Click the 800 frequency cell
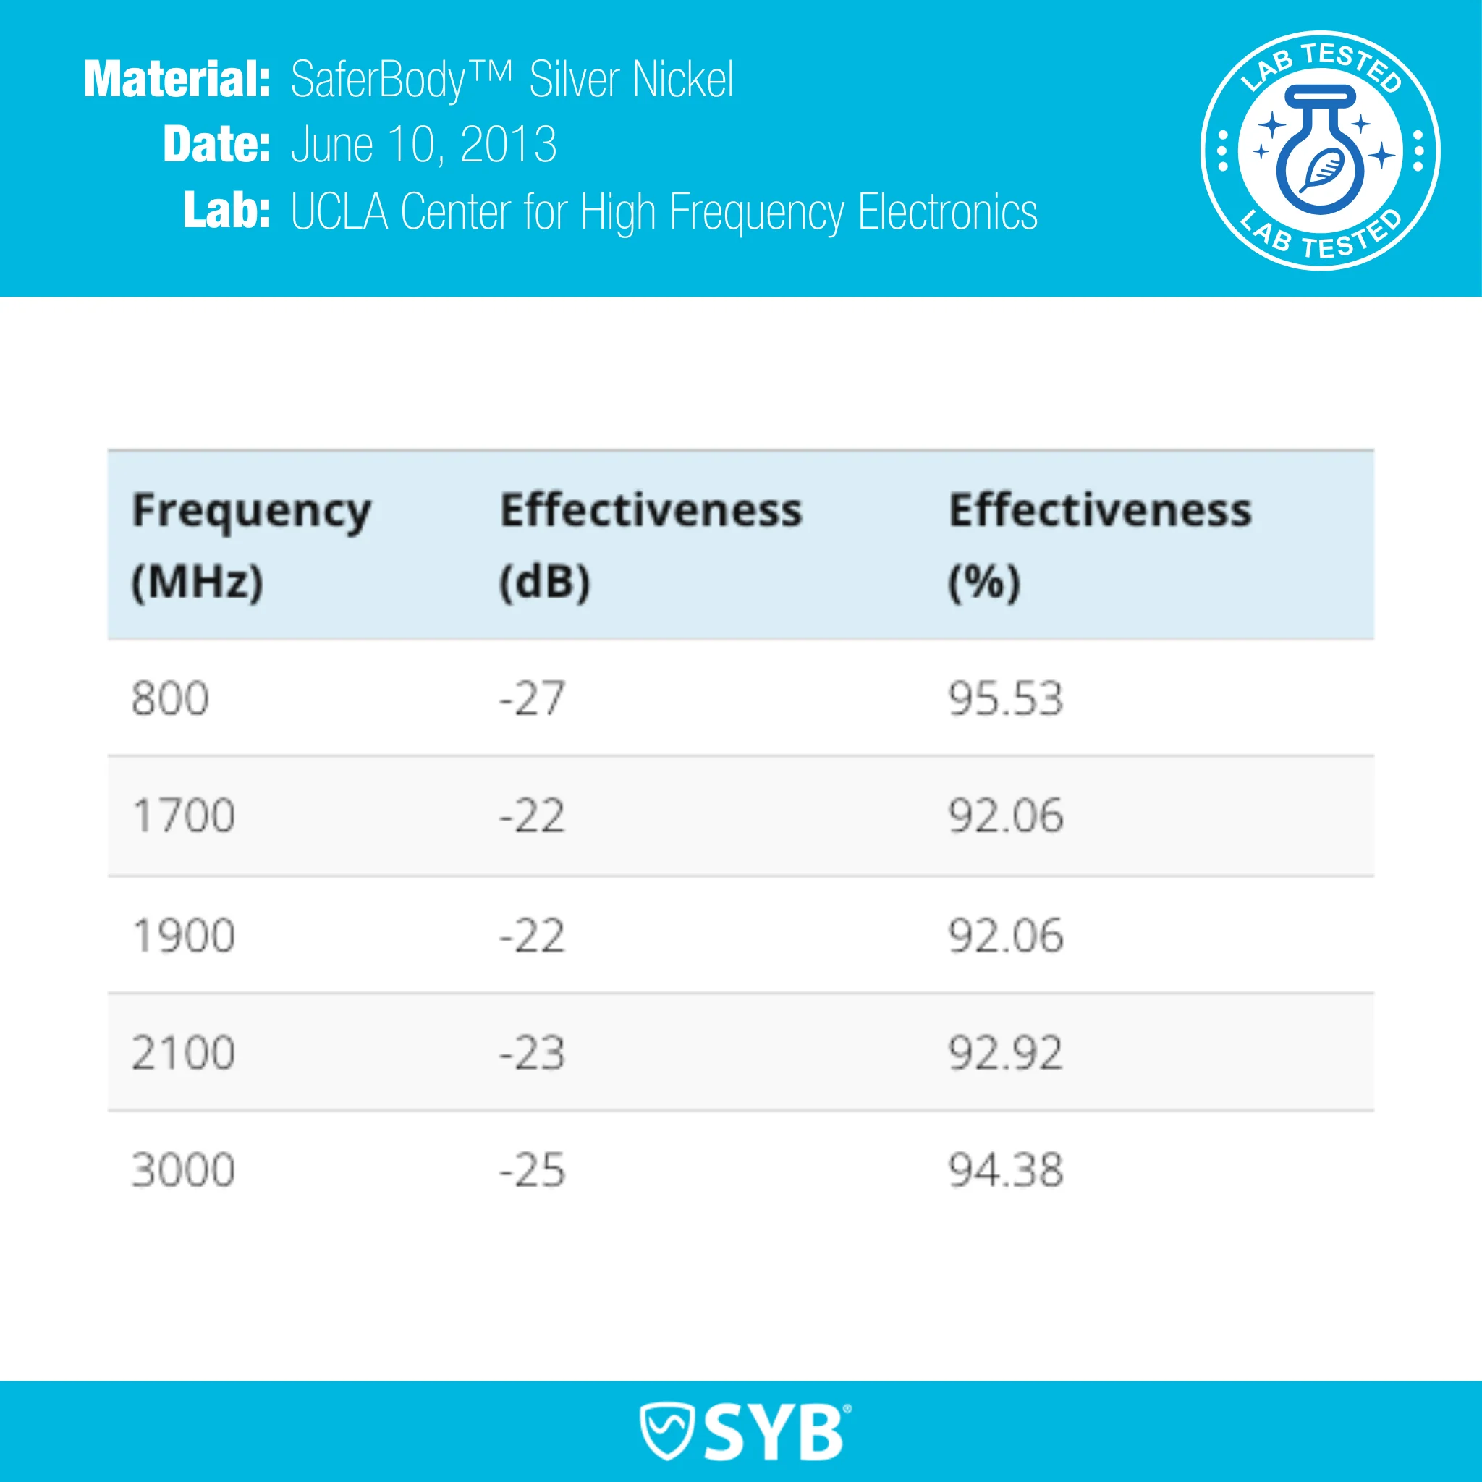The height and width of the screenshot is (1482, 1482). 170,699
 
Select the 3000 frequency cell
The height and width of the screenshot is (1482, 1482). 183,1171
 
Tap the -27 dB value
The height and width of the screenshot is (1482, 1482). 532,699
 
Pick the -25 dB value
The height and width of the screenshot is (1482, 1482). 532,1171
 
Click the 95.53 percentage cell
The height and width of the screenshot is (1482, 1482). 1006,699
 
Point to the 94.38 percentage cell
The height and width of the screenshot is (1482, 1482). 1006,1171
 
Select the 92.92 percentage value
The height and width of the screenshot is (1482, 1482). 1006,1052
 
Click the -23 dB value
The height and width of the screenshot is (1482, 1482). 532,1052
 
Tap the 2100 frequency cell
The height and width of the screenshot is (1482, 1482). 183,1052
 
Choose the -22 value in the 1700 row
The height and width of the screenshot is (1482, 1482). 532,816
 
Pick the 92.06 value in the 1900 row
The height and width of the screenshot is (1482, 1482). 1006,936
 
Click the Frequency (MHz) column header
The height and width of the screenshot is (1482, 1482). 251,546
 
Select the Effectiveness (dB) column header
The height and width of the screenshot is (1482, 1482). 651,546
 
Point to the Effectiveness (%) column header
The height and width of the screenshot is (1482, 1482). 1099,546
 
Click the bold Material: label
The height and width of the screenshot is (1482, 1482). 177,79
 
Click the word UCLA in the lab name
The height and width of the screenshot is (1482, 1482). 339,212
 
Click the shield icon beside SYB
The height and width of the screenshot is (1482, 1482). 666,1431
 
